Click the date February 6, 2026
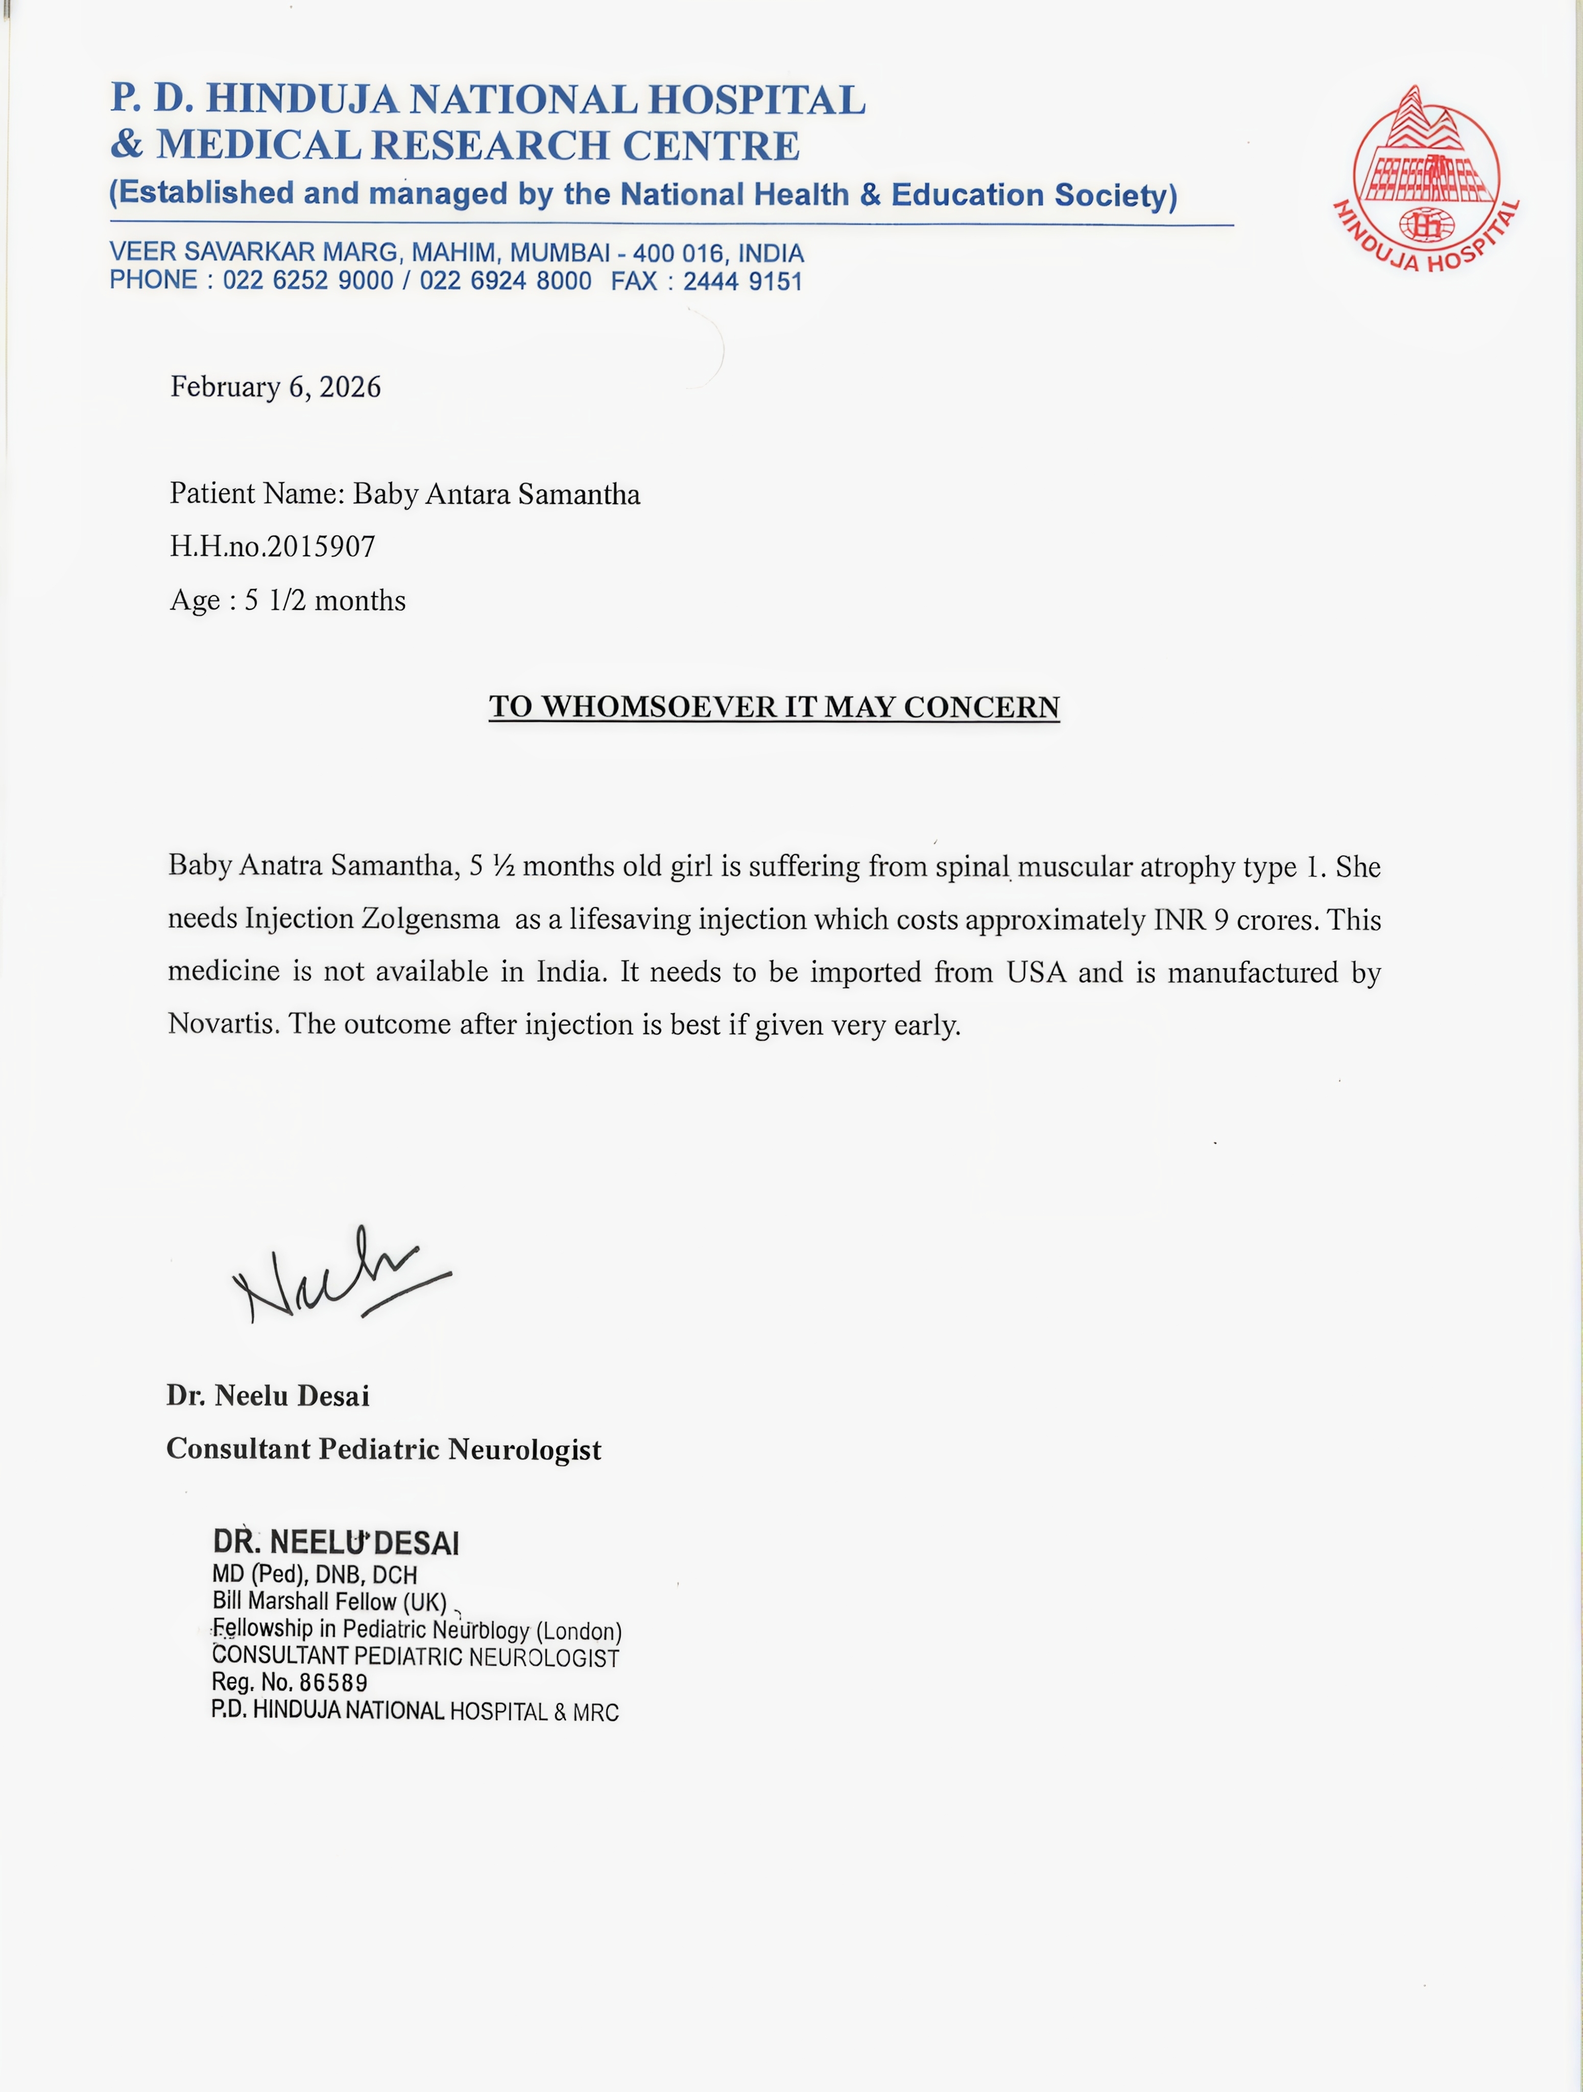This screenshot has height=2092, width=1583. pyautogui.click(x=275, y=387)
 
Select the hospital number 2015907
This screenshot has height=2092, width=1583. pyautogui.click(x=322, y=546)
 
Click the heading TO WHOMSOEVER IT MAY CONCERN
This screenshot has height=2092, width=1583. pyautogui.click(x=774, y=707)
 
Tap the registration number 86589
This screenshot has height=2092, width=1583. pyautogui.click(x=333, y=1682)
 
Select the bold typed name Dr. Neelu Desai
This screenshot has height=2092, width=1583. pyautogui.click(x=268, y=1396)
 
